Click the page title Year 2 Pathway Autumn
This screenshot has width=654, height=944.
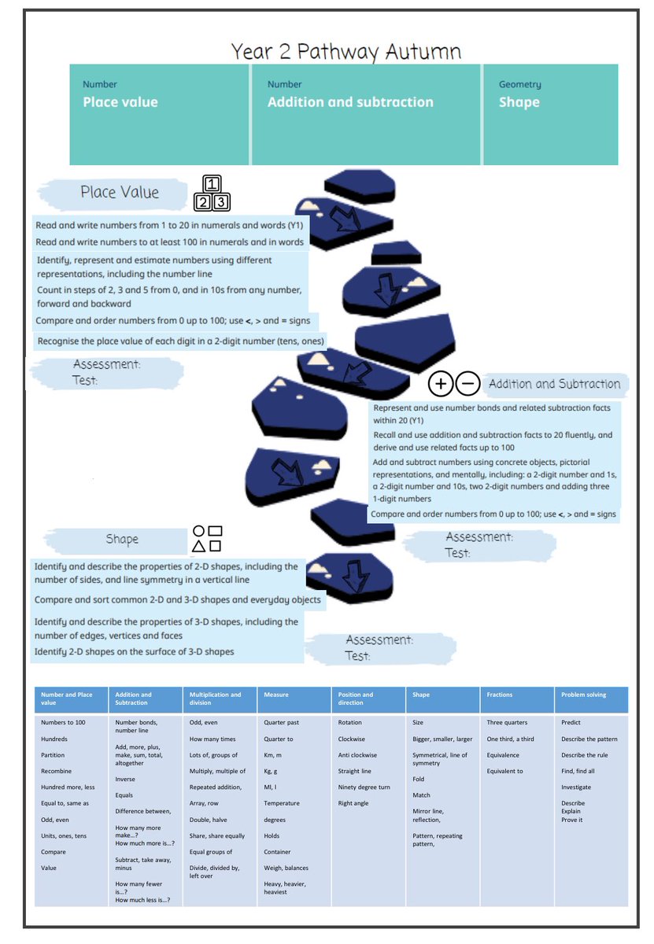pos(345,52)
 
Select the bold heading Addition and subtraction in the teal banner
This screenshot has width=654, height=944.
pos(349,102)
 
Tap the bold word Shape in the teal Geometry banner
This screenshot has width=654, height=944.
pos(519,102)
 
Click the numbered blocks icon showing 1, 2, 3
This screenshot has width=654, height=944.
pos(212,194)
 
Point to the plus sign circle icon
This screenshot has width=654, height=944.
pos(441,384)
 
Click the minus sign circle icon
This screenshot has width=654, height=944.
pos(467,384)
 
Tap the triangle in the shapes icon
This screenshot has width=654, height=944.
pos(199,546)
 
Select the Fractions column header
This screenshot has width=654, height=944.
pos(500,695)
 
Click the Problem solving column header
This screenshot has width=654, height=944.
pos(583,695)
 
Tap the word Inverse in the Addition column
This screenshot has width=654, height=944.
pos(125,779)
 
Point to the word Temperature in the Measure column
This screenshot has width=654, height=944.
pos(282,803)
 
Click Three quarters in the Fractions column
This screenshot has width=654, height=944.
pos(507,722)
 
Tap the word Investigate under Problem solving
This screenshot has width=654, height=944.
pos(576,787)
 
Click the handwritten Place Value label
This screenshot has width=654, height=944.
pos(120,193)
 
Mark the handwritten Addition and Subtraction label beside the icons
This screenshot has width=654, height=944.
pos(554,384)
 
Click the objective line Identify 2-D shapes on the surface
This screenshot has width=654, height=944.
pos(134,651)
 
